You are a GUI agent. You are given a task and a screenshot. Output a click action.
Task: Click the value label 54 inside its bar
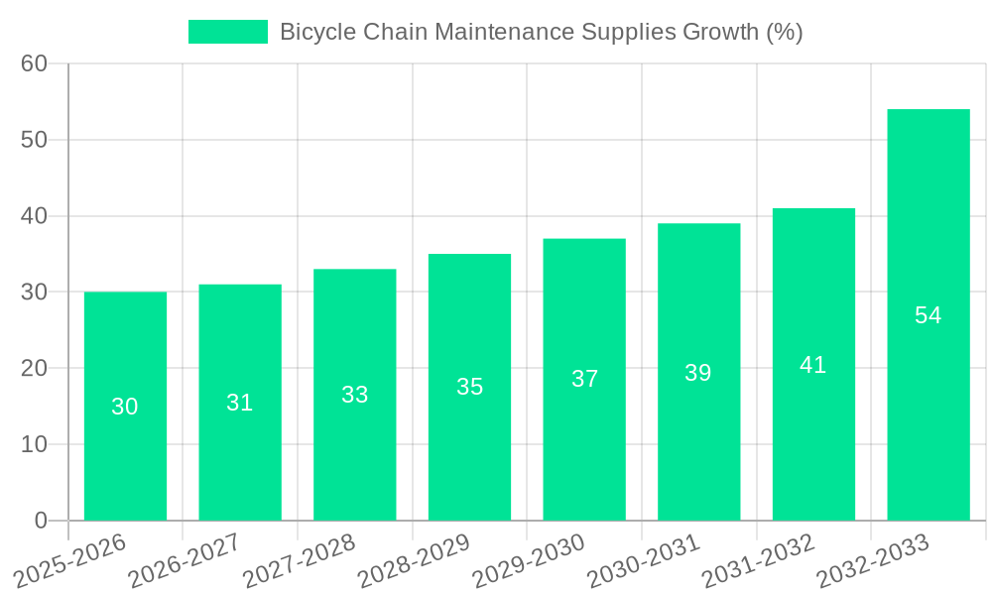(x=928, y=315)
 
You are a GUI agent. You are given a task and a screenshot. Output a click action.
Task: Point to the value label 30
(x=125, y=407)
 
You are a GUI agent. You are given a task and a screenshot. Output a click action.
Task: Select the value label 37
(x=584, y=379)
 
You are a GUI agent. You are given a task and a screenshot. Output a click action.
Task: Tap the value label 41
(x=813, y=365)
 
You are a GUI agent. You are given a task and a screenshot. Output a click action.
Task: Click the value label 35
(x=469, y=387)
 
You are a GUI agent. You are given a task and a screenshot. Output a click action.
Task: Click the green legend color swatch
(x=227, y=32)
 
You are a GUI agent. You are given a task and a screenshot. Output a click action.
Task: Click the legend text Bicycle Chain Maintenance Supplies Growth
(x=541, y=32)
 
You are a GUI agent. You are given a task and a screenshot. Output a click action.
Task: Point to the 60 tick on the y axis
(x=35, y=63)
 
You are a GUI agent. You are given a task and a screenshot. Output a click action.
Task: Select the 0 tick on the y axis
(x=41, y=521)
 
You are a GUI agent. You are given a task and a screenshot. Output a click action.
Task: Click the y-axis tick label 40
(x=35, y=216)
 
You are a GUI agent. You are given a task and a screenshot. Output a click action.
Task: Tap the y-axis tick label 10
(x=35, y=444)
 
